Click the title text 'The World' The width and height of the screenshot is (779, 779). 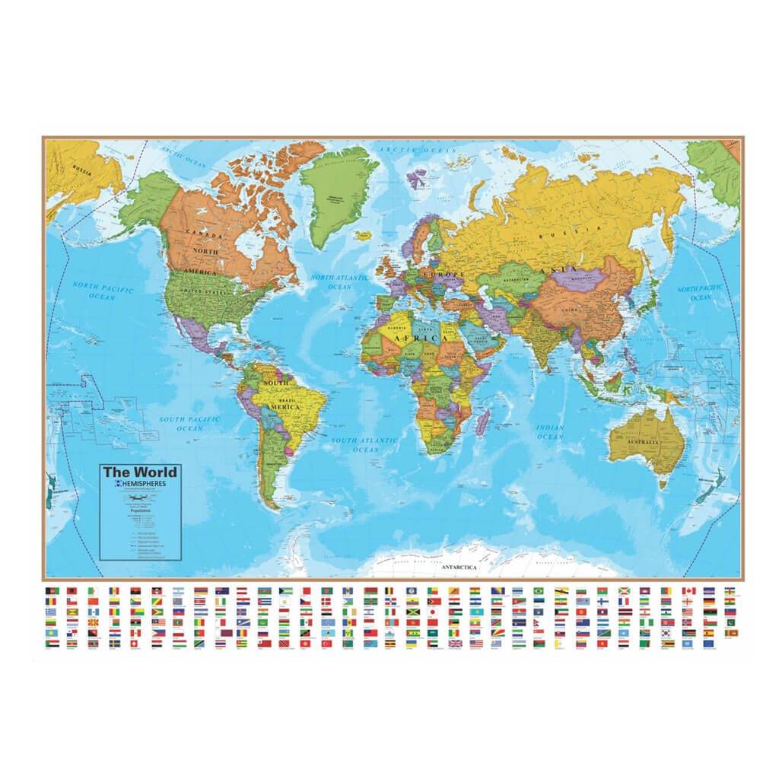click(x=140, y=472)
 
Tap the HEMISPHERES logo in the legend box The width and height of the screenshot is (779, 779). click(x=141, y=484)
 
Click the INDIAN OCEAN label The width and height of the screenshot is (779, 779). click(x=550, y=432)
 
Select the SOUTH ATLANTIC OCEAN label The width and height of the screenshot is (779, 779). click(x=365, y=445)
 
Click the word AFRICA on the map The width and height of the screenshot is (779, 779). click(x=417, y=337)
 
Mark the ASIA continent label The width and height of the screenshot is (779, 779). click(x=551, y=271)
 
